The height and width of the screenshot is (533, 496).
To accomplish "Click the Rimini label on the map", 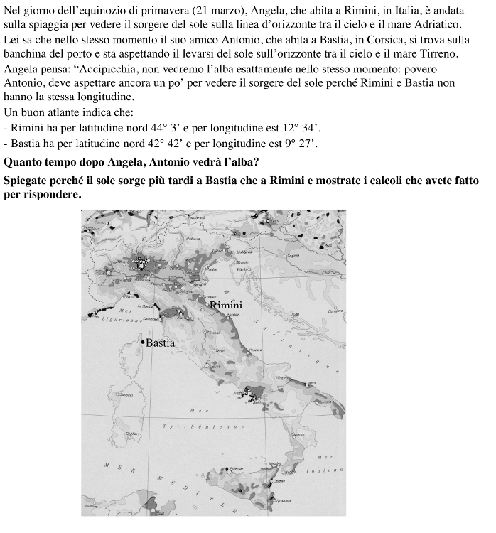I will pos(226,305).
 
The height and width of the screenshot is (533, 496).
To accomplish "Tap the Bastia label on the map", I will pos(160,343).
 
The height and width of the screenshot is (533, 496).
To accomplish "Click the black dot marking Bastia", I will pos(142,343).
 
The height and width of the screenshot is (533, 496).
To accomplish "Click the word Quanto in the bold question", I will pos(21,161).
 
